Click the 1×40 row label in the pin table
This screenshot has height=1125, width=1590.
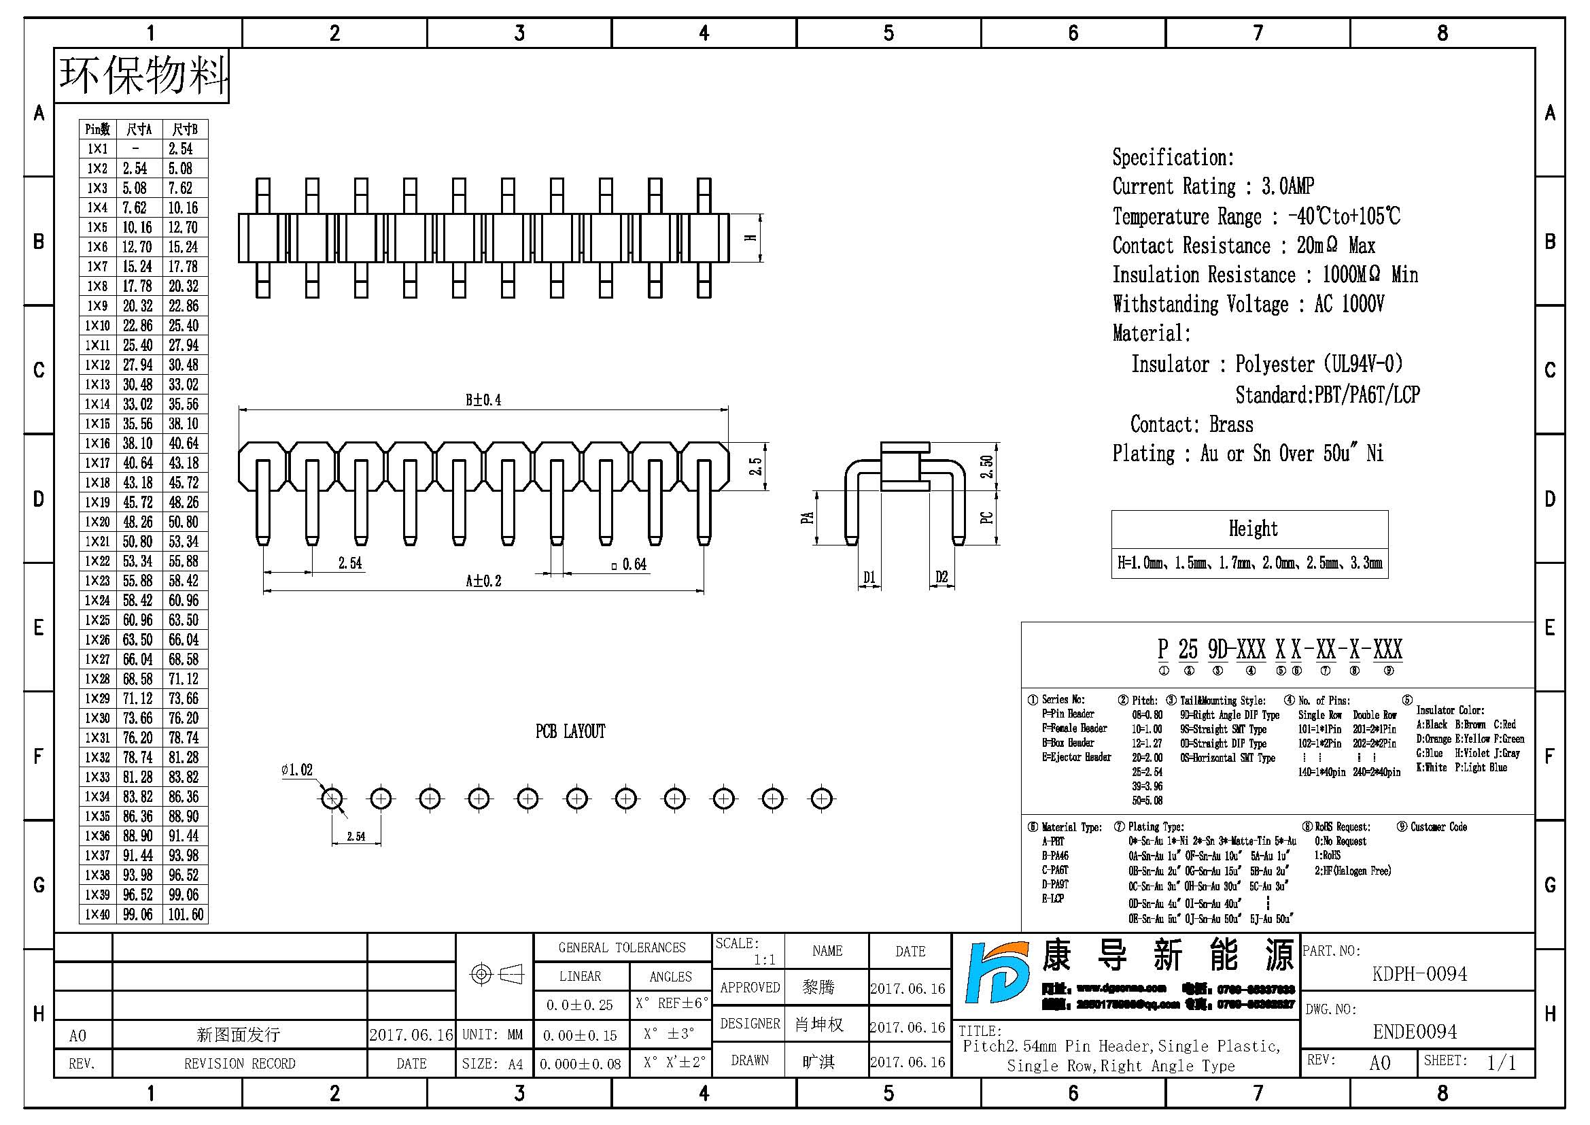coord(97,914)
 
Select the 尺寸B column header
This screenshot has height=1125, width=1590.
coord(185,129)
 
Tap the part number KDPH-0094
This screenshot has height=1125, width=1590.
coord(1419,974)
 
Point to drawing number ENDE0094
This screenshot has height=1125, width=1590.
coord(1415,1032)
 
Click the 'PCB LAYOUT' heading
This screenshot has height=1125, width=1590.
coord(570,732)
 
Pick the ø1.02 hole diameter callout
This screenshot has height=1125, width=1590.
coord(297,771)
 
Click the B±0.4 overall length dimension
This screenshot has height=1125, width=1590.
coord(483,400)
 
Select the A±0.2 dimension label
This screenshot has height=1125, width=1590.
coord(483,581)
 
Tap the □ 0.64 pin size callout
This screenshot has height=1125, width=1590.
coord(629,565)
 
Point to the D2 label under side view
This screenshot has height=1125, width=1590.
coord(941,577)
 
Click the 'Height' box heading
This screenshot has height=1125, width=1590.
coord(1253,529)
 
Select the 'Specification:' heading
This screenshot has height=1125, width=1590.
coord(1173,158)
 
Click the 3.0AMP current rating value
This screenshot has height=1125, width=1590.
coord(1287,186)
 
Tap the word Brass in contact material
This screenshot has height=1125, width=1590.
coord(1230,424)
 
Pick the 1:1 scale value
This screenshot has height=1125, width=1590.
coord(765,960)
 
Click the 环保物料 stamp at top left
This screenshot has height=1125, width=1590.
coord(143,75)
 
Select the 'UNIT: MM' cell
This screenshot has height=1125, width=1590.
coord(492,1035)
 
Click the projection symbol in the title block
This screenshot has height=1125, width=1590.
coord(496,975)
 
